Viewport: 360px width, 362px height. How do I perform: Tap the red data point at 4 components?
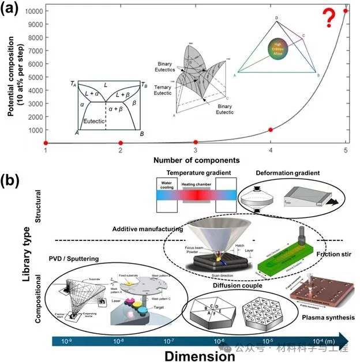click(271, 130)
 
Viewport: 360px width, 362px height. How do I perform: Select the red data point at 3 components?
click(196, 142)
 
